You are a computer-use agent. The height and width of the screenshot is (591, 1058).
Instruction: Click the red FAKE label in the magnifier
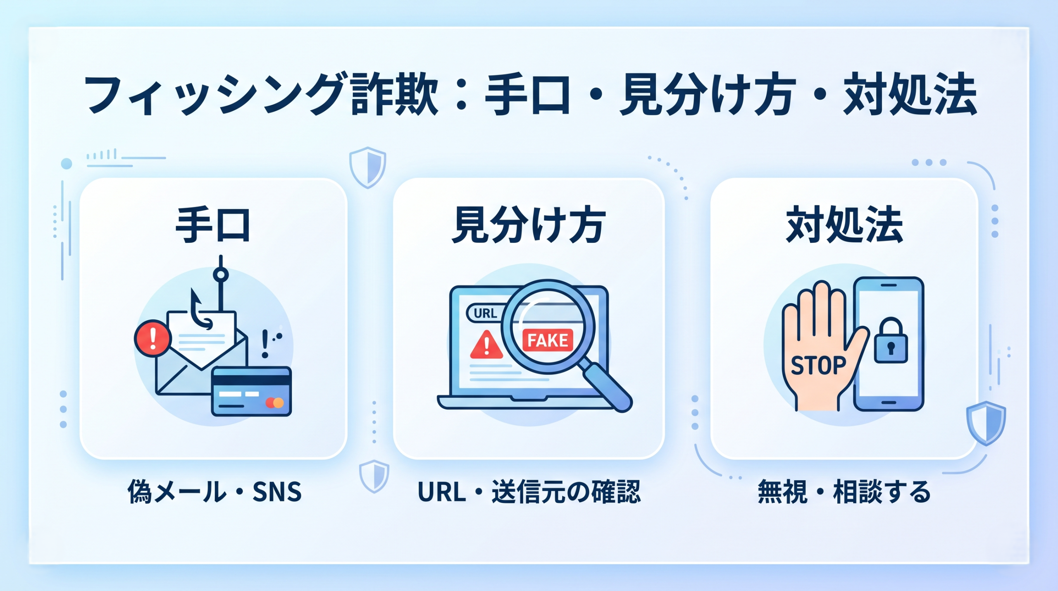point(548,340)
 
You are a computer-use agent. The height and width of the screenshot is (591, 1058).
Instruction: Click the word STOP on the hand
point(818,366)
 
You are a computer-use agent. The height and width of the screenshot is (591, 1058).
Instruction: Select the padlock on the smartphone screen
point(891,340)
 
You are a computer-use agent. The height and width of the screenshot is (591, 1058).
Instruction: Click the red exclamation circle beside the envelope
point(153,338)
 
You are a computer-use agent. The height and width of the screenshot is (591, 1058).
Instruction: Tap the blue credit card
point(251,391)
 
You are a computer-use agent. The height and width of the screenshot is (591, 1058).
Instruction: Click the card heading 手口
point(213,225)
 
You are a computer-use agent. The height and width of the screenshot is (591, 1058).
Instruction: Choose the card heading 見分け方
point(529,225)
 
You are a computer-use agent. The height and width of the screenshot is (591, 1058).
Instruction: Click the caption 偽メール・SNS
point(214,491)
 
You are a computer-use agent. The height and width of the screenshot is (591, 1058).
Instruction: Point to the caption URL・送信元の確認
point(529,491)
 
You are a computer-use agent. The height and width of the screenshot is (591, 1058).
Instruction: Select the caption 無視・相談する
point(844,491)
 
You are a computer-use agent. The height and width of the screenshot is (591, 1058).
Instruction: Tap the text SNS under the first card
point(277,492)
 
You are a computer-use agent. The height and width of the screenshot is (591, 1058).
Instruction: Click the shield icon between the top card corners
point(367,167)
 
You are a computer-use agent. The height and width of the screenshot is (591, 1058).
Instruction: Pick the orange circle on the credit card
point(279,402)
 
